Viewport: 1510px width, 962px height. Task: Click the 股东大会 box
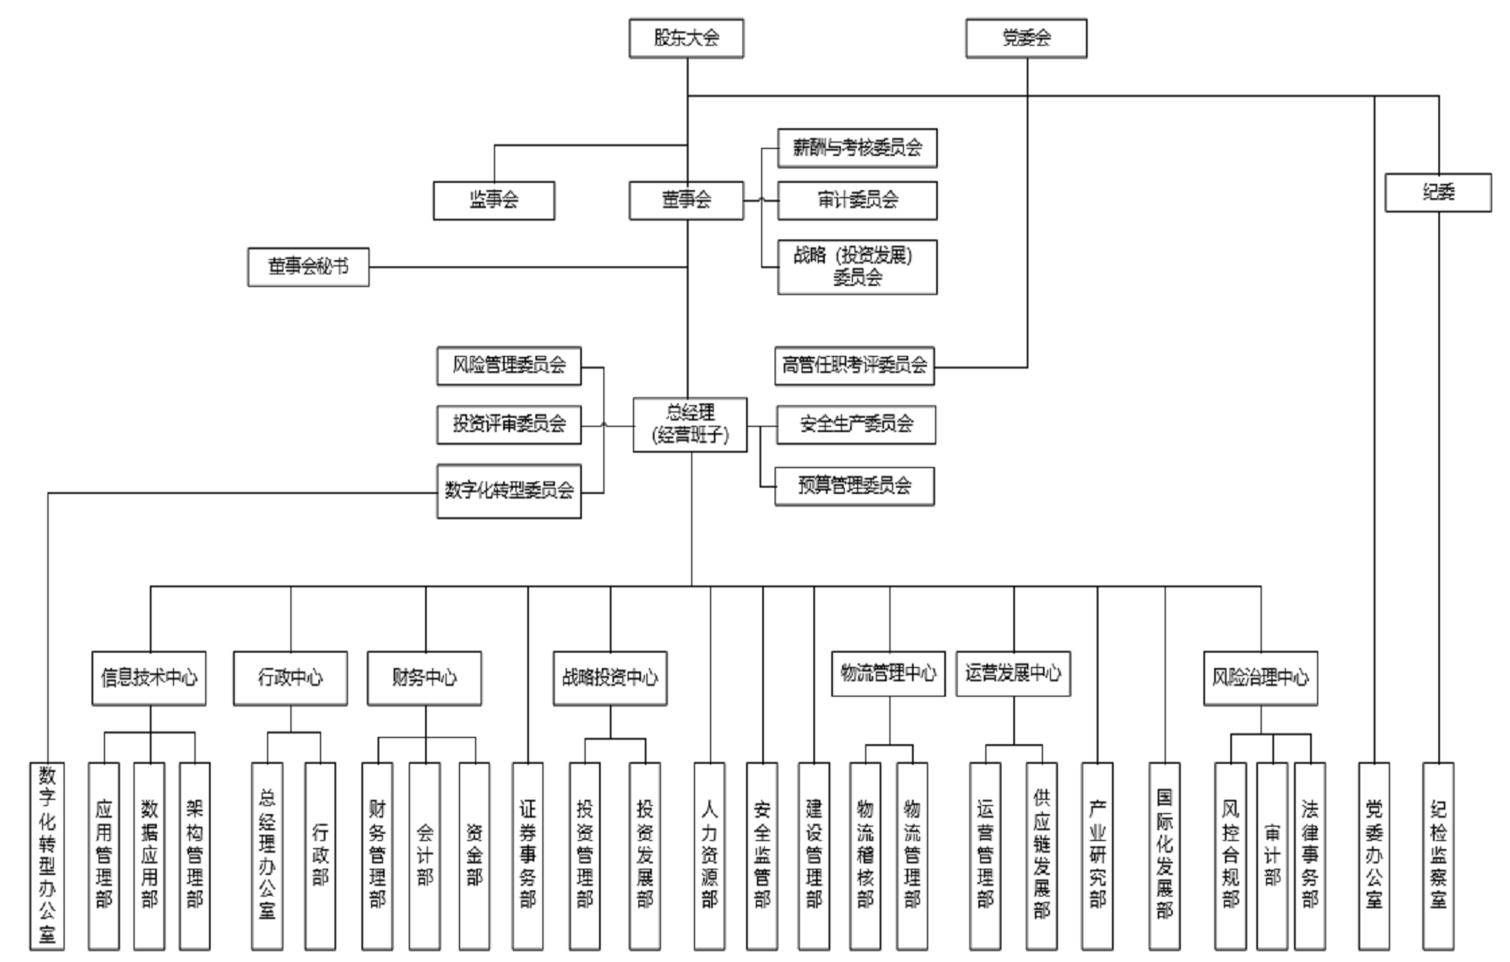coord(686,39)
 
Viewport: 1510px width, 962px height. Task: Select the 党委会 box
coord(1026,39)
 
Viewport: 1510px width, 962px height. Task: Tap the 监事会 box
coord(493,200)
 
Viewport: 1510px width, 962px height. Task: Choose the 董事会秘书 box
coord(308,267)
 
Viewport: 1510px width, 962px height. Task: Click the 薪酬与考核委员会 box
coord(856,148)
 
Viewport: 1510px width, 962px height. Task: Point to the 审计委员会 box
coord(856,200)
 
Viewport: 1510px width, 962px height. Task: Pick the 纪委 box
coord(1437,193)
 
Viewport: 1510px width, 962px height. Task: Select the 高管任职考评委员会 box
coord(854,366)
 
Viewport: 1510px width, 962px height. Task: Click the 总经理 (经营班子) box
coord(690,424)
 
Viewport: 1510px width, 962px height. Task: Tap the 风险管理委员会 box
coord(508,366)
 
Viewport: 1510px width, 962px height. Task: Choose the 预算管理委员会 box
coord(854,486)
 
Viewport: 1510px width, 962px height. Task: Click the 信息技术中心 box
coord(149,678)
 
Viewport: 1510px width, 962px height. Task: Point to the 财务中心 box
coord(424,678)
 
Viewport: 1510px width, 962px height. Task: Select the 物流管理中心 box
coord(888,673)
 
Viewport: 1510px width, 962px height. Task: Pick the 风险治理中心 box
coord(1260,678)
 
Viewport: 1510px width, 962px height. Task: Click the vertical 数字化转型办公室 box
coord(47,855)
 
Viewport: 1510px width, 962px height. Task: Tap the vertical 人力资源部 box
coord(709,855)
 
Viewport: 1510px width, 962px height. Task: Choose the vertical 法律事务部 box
coord(1309,855)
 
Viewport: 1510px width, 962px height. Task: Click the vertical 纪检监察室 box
coord(1437,855)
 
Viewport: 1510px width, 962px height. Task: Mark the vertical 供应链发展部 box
coord(1041,855)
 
